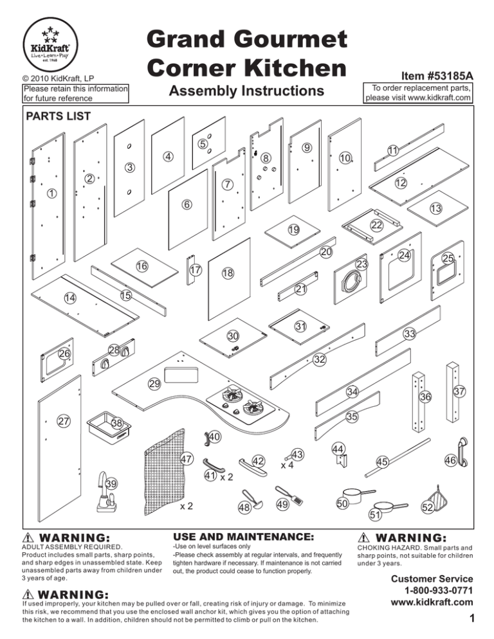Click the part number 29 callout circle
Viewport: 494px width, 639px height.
click(154, 384)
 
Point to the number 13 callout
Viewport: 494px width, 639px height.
click(435, 208)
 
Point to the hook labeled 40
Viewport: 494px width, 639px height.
click(207, 438)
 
